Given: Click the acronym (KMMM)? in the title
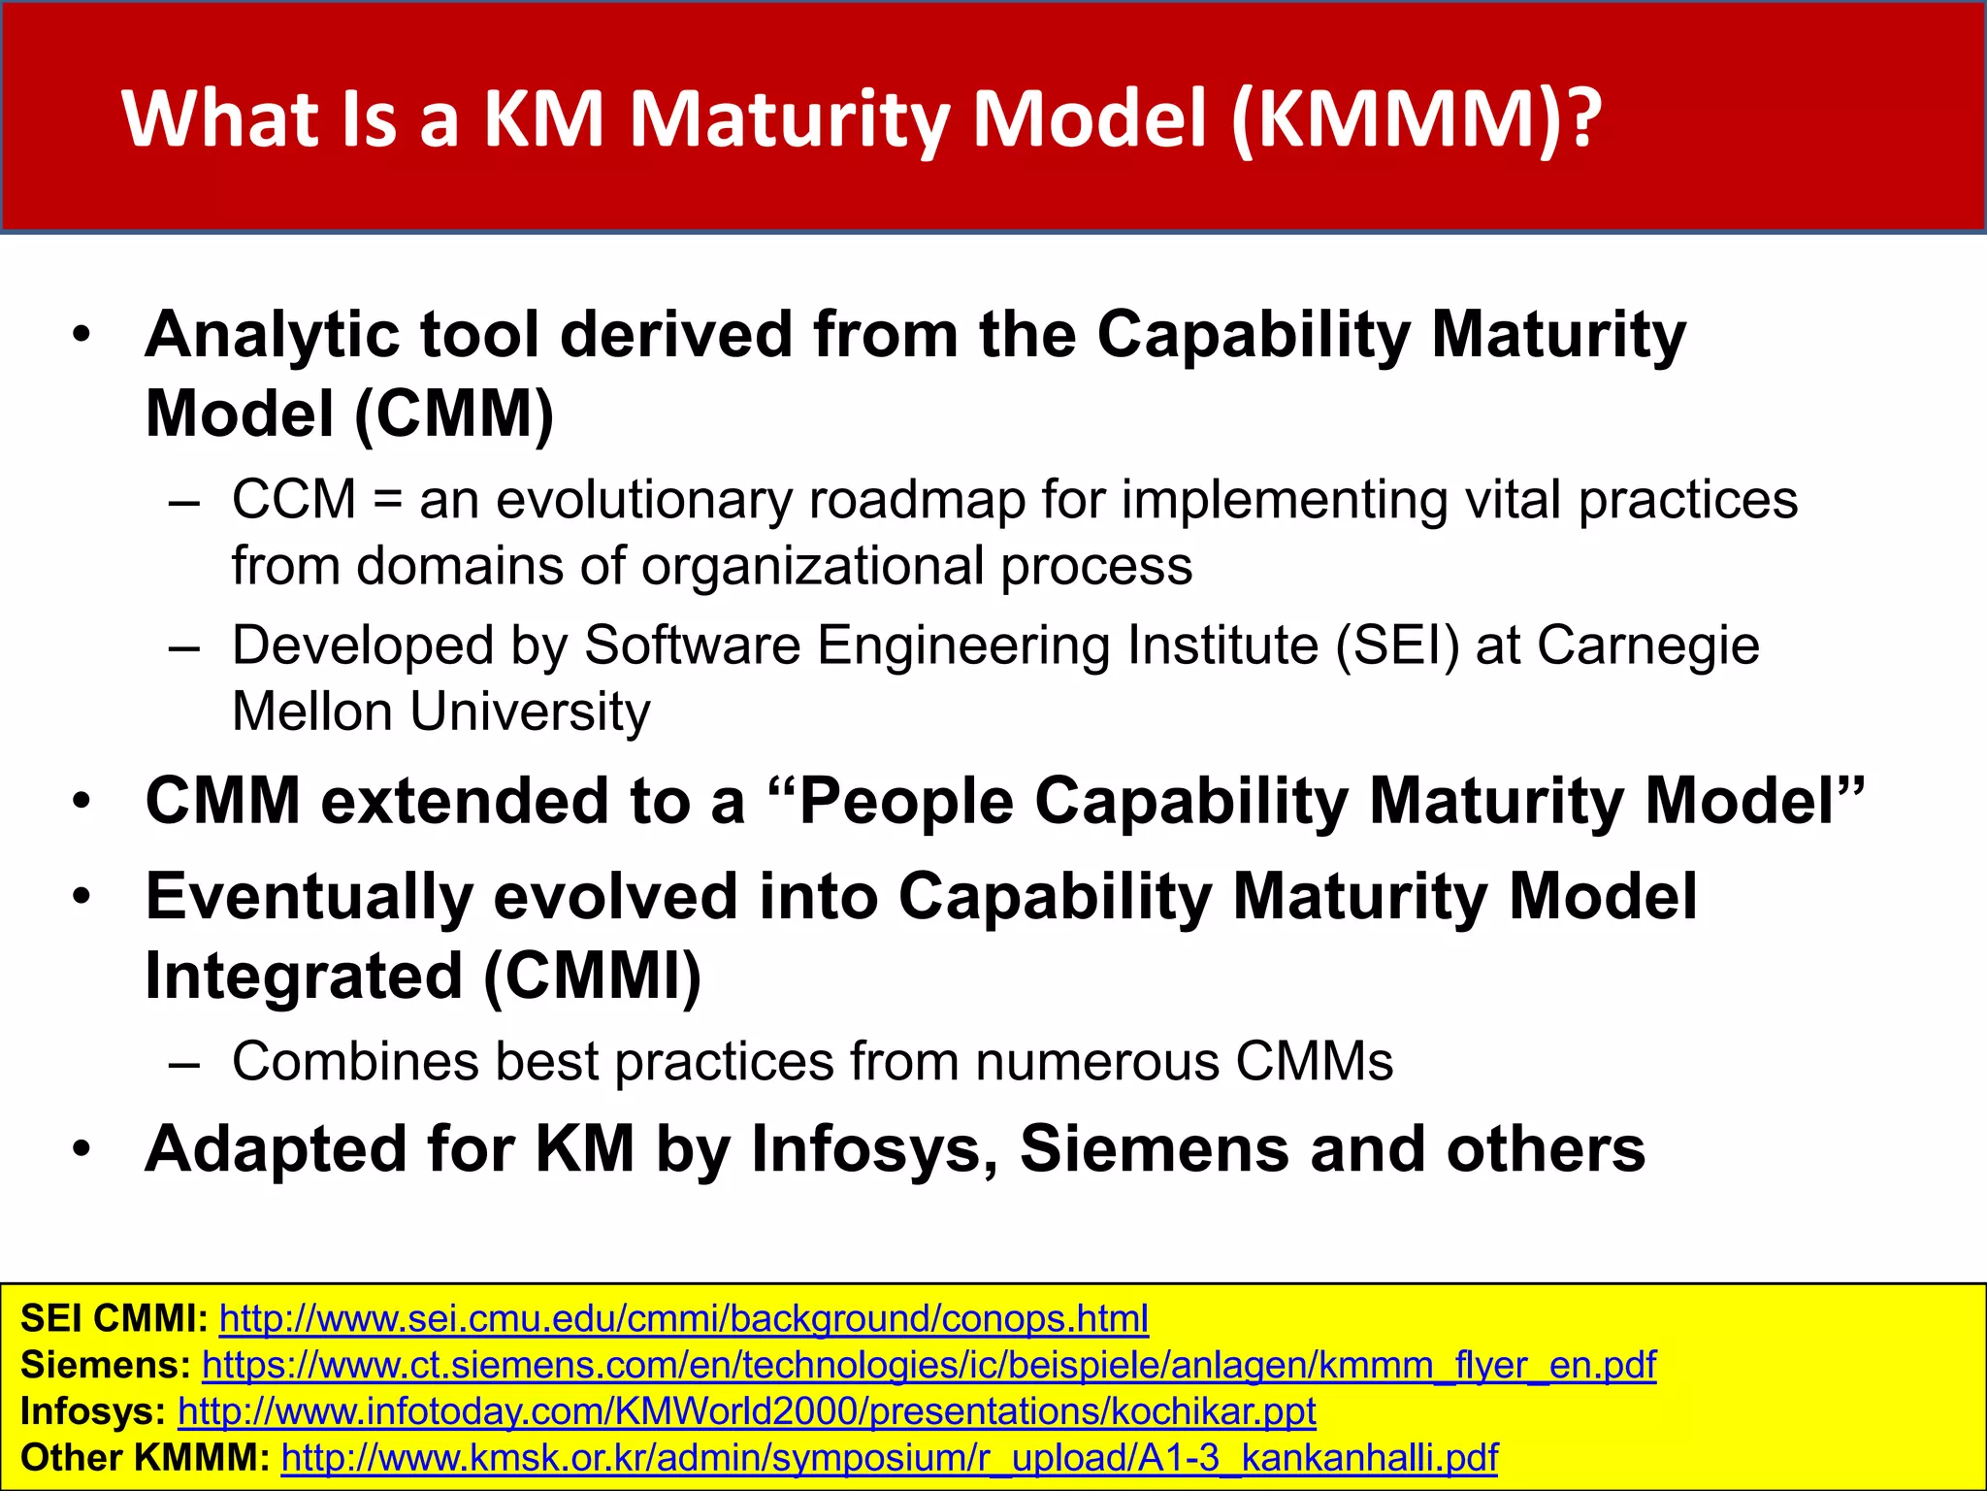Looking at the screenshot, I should [1417, 120].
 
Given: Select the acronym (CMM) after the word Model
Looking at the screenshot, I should [454, 414].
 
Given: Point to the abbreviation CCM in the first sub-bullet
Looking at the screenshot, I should [294, 501].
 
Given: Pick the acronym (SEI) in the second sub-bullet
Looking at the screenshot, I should [1397, 646].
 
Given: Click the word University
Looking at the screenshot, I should [530, 712].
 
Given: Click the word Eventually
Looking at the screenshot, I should [309, 897].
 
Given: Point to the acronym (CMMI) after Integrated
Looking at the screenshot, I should [592, 976].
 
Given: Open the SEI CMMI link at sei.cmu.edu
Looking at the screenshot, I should [683, 1319].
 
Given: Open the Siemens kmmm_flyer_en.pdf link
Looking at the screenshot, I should [928, 1366].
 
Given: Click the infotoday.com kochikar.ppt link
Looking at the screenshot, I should [746, 1411].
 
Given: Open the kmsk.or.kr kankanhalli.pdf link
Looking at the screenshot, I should [889, 1458].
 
